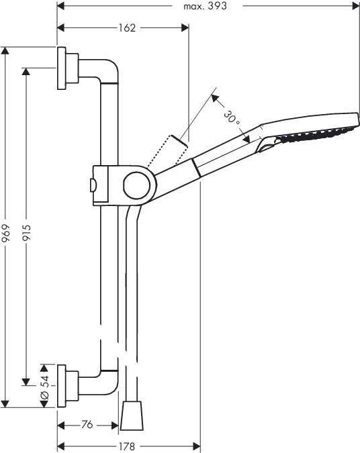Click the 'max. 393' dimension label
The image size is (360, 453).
click(205, 6)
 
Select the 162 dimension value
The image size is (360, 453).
click(127, 28)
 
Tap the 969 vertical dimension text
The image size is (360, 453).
click(6, 233)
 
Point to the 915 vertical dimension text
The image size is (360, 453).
click(27, 233)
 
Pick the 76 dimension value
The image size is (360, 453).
click(87, 425)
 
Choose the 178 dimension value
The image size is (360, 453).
click(127, 446)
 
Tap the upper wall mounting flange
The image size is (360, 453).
click(61, 68)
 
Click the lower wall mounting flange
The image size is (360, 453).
click(61, 386)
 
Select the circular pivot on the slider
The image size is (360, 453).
click(136, 185)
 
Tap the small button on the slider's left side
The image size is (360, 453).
click(93, 185)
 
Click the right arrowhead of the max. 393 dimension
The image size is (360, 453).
click(356, 6)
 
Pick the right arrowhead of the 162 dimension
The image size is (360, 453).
click(185, 28)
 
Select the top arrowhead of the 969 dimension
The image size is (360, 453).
click(5, 50)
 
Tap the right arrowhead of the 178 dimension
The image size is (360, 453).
click(197, 446)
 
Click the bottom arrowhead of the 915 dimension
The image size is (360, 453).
click(26, 382)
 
